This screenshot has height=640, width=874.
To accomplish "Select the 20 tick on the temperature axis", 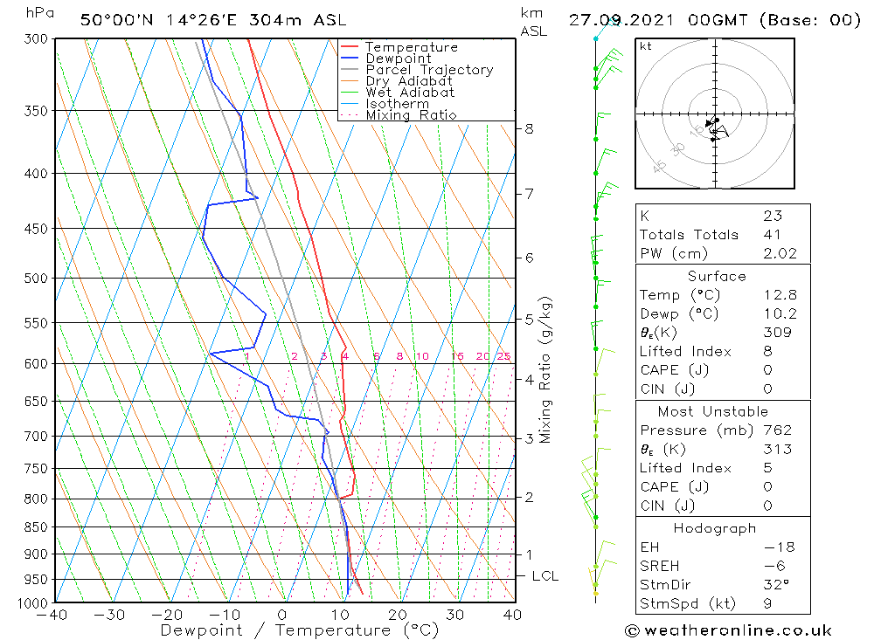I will click(x=398, y=615).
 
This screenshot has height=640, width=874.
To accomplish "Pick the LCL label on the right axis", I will click(x=545, y=576).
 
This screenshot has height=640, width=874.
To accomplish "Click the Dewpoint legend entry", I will click(x=399, y=58).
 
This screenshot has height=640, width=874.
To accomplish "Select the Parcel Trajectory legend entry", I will click(x=429, y=70).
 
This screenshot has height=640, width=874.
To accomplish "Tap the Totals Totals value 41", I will click(x=773, y=234).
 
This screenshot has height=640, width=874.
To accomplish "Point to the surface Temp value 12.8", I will click(x=779, y=295).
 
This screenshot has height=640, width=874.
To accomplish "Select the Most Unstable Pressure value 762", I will click(x=777, y=430).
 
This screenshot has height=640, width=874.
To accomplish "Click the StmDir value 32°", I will click(x=775, y=585).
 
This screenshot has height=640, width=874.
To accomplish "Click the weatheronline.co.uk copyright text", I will click(x=728, y=630).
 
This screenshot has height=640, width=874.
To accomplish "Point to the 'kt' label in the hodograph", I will click(x=646, y=46).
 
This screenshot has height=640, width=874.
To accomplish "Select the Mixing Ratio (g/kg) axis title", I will click(x=546, y=369).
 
